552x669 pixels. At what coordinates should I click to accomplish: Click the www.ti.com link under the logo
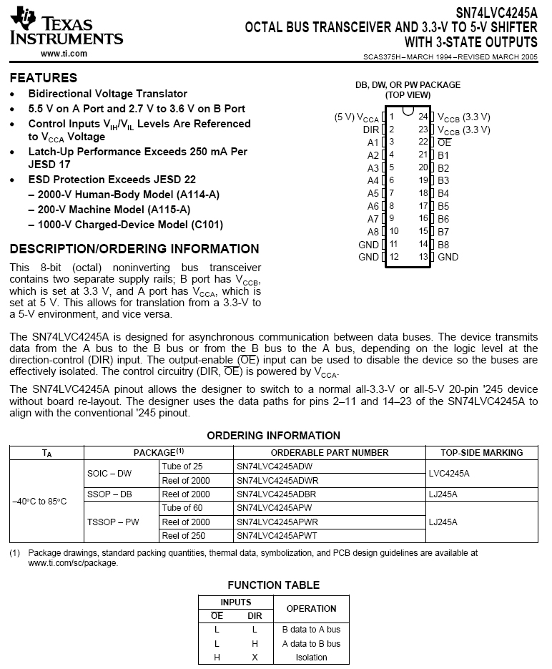pyautogui.click(x=64, y=54)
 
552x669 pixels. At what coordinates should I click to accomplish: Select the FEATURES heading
pyautogui.click(x=44, y=77)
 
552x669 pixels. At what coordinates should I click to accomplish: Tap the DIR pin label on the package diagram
pyautogui.click(x=370, y=130)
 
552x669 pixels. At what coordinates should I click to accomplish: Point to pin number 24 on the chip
pyautogui.click(x=423, y=117)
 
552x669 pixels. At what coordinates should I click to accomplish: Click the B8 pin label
pyautogui.click(x=443, y=245)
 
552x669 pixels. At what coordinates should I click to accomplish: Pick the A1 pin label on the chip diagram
pyautogui.click(x=373, y=142)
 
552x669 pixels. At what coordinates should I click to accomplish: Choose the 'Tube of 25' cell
pyautogui.click(x=182, y=466)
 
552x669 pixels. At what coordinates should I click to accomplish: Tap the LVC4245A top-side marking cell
pyautogui.click(x=449, y=473)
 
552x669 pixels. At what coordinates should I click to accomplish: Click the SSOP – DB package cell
pyautogui.click(x=109, y=494)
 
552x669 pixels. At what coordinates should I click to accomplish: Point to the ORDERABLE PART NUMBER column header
pyautogui.click(x=330, y=452)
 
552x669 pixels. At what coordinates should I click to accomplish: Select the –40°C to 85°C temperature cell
pyautogui.click(x=39, y=501)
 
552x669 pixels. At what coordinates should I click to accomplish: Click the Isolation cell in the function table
pyautogui.click(x=311, y=657)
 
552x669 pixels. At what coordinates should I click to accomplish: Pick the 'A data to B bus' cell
pyautogui.click(x=311, y=643)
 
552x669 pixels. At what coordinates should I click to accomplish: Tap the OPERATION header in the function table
pyautogui.click(x=311, y=609)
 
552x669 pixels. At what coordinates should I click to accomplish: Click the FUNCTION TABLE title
pyautogui.click(x=273, y=585)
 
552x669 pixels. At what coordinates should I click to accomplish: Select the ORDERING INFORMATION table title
pyautogui.click(x=273, y=435)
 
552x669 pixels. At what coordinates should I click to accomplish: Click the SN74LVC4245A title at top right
pyautogui.click(x=496, y=12)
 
